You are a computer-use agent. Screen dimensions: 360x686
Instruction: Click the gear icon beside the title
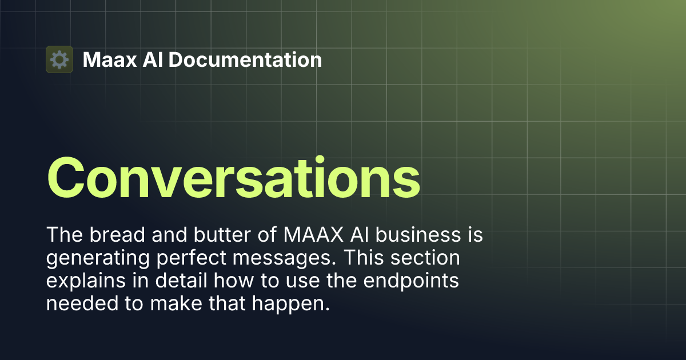pyautogui.click(x=59, y=59)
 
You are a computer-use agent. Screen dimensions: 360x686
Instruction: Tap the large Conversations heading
pyautogui.click(x=233, y=177)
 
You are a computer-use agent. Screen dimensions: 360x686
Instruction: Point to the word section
pyautogui.click(x=429, y=258)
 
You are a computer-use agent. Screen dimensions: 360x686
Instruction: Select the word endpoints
pyautogui.click(x=413, y=281)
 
